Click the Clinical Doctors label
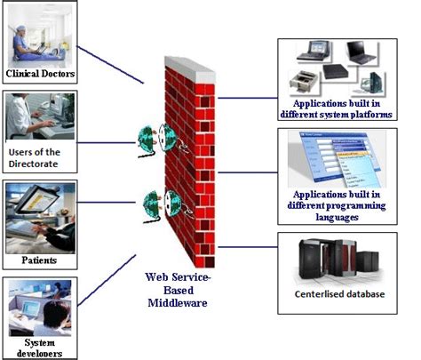click(x=39, y=74)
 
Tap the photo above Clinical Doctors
click(x=39, y=34)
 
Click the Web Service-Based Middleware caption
click(x=183, y=290)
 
